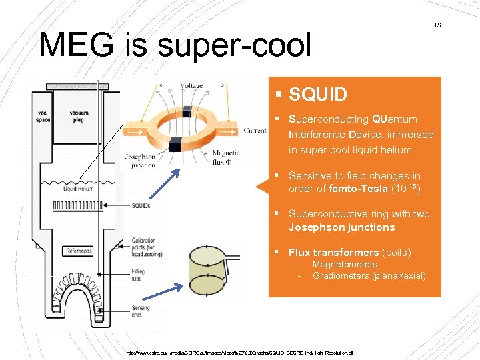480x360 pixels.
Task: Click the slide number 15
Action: tap(437, 25)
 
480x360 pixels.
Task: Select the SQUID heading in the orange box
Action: tap(318, 95)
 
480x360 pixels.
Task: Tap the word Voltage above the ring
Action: tap(191, 86)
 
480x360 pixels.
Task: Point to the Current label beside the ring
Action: tap(255, 130)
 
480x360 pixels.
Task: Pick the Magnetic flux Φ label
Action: tap(225, 157)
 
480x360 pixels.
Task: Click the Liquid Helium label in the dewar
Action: tap(79, 189)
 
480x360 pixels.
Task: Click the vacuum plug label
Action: tap(79, 117)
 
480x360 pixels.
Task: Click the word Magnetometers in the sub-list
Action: tap(345, 265)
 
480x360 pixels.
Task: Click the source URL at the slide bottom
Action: tap(241, 352)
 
